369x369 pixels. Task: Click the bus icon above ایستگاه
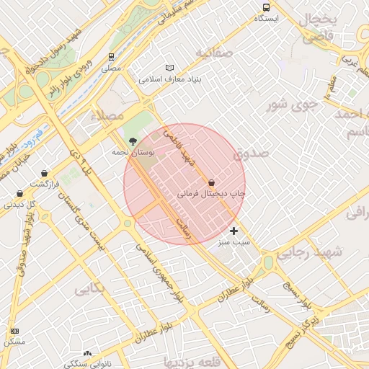pos(266,7)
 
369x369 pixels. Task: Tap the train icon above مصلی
pos(111,57)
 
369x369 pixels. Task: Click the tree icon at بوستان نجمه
pos(131,141)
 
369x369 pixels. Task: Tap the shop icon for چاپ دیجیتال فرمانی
pos(211,182)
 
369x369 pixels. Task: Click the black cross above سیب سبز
pos(234,231)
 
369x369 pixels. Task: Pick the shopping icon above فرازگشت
pos(45,174)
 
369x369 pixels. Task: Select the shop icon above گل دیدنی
pos(19,193)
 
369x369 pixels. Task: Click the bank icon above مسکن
pos(14,330)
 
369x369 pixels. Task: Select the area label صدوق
pos(250,154)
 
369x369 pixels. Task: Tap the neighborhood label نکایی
pos(89,289)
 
